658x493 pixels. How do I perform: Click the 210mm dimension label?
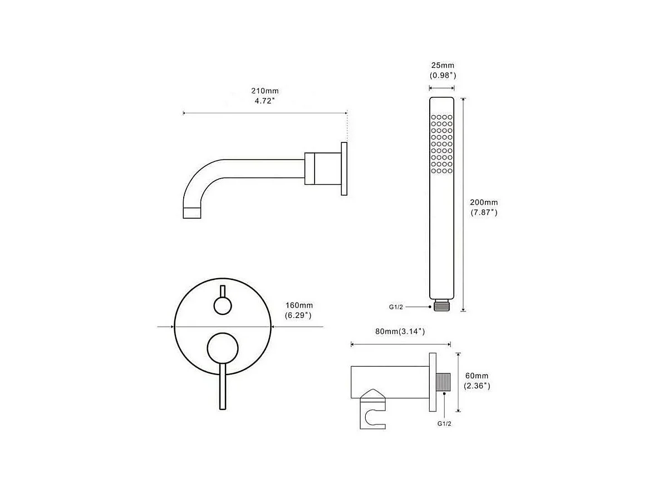coord(265,91)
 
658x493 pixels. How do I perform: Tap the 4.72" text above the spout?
coord(264,101)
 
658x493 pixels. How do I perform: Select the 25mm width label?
coord(443,66)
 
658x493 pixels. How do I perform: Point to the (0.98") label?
coord(443,76)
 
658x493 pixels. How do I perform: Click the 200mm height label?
coord(484,202)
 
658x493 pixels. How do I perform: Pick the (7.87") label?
coord(484,213)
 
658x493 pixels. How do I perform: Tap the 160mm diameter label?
coord(299,305)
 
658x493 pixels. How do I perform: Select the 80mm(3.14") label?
coord(400,332)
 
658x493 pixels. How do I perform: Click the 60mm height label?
coord(477,376)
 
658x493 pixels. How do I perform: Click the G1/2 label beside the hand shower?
coord(396,307)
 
